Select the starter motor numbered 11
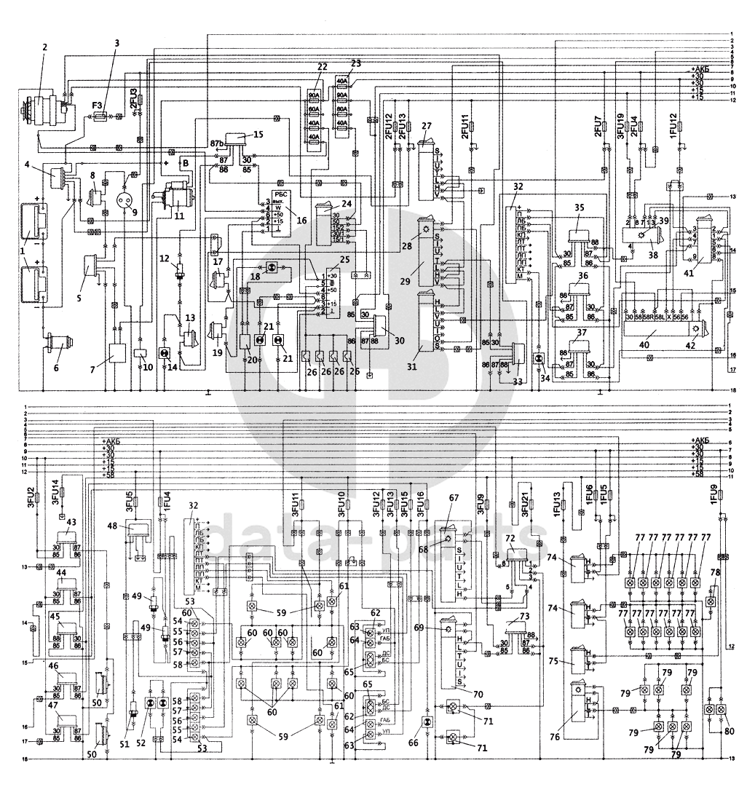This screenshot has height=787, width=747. coord(177,197)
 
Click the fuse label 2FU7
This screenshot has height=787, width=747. coord(598,127)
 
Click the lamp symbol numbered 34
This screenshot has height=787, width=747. coord(539,360)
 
